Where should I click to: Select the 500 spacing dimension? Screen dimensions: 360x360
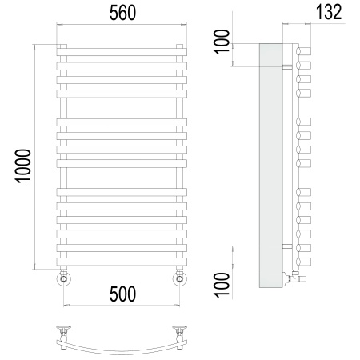122,294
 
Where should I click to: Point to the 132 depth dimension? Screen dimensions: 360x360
327,12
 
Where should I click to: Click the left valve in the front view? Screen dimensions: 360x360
64,278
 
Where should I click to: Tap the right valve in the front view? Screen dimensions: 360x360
180,278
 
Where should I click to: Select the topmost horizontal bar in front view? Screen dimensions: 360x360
122,52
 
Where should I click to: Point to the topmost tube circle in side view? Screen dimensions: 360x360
302,52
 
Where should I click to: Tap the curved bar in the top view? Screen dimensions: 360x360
122,342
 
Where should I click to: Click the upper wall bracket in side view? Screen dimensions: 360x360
287,66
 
